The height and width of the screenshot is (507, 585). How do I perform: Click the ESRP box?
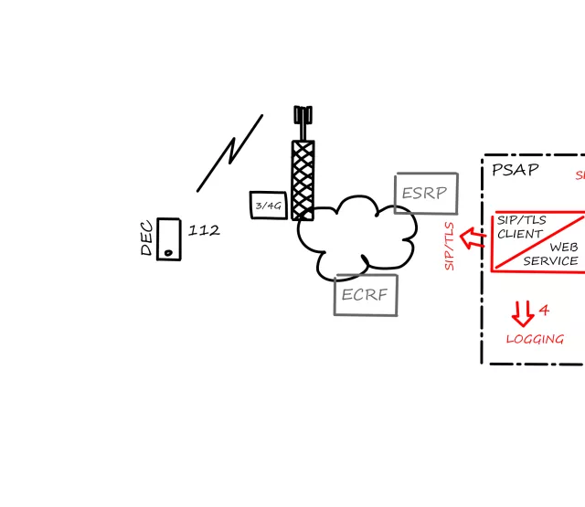pos(426,193)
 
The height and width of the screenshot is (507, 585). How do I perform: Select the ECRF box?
pos(366,295)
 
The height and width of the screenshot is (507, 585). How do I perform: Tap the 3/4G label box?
pos(269,206)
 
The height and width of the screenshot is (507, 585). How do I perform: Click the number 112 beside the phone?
pos(204,230)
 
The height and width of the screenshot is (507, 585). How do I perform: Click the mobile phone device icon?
pos(168,239)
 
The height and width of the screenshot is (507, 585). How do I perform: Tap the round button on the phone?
pos(168,251)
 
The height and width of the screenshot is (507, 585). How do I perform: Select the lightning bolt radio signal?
pos(230,153)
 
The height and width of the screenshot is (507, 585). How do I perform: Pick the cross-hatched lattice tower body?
pos(303,178)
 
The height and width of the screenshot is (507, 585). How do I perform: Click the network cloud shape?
pos(356,235)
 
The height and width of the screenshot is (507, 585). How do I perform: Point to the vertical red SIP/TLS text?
pos(449,245)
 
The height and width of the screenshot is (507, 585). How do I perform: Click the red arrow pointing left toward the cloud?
pos(472,239)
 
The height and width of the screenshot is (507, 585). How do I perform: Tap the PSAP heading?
pos(515,170)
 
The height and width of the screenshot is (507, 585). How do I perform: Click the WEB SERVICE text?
pos(553,254)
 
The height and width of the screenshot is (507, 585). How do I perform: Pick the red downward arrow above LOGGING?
pos(522,313)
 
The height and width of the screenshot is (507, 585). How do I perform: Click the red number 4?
pos(544,311)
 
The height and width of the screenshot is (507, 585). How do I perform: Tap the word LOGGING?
pos(535,339)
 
